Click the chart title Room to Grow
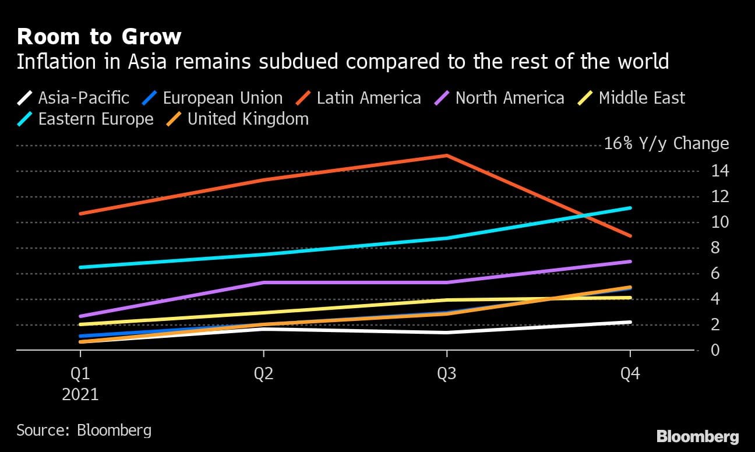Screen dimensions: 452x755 click(x=99, y=37)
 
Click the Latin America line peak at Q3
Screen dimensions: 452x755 click(x=447, y=156)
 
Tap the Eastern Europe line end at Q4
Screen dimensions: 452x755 click(x=630, y=208)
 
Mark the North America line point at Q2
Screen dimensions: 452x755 click(x=264, y=282)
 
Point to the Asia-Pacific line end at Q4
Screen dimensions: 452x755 click(x=630, y=322)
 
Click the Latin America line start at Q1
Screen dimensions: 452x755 click(x=80, y=214)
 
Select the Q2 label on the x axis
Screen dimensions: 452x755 click(x=264, y=373)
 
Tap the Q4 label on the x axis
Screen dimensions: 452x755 click(x=630, y=373)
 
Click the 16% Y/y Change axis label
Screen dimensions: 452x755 click(x=666, y=144)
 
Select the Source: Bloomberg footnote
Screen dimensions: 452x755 click(x=84, y=430)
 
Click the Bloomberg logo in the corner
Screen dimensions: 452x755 click(x=697, y=436)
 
